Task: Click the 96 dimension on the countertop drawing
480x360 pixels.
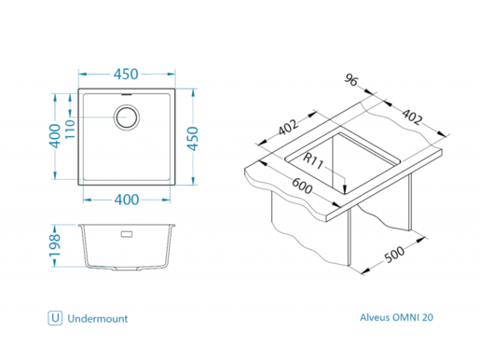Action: click(352, 82)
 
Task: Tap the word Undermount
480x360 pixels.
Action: click(98, 318)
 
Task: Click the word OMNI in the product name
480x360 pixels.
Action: click(402, 318)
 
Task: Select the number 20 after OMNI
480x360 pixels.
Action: click(427, 318)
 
